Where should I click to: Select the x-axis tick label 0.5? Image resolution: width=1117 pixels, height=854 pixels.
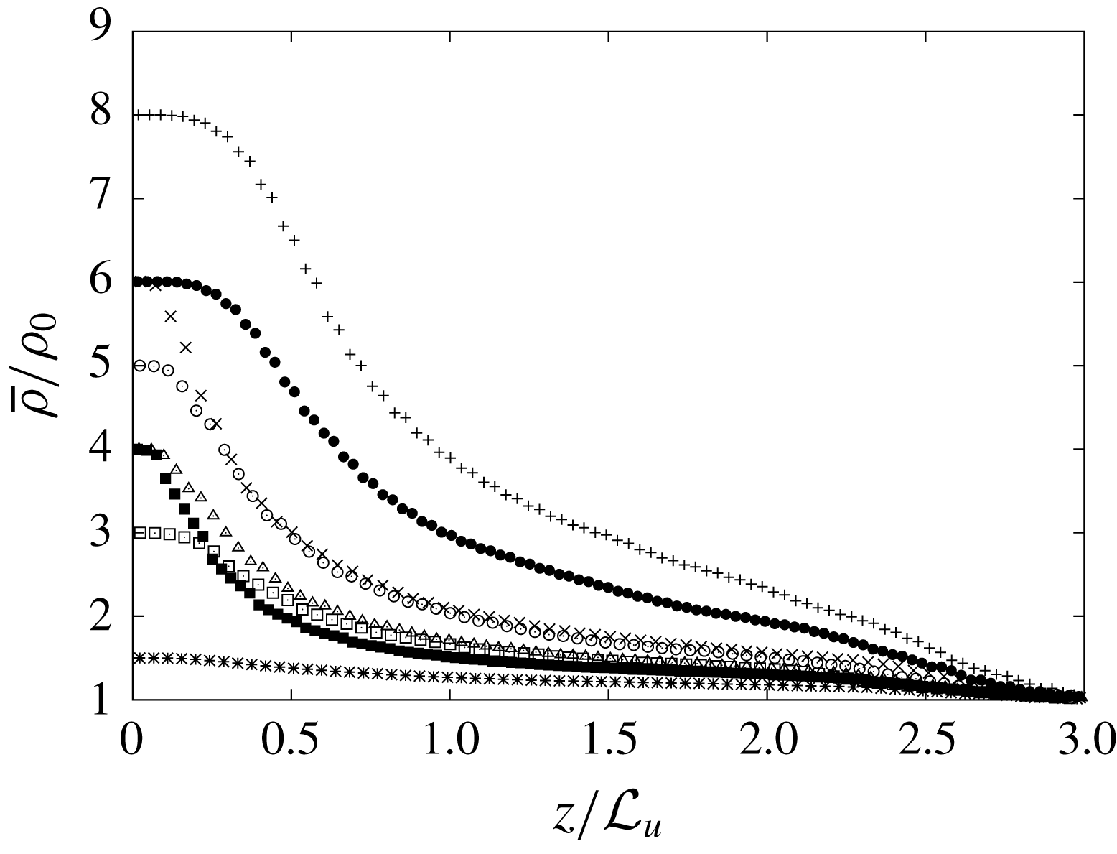click(x=291, y=738)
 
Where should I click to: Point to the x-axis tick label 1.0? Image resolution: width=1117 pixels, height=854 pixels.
click(x=450, y=738)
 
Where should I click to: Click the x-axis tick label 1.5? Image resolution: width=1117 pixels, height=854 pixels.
click(x=608, y=738)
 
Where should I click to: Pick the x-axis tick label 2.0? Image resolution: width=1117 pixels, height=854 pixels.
click(x=767, y=738)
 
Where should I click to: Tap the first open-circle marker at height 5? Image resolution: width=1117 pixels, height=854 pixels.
click(x=140, y=366)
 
